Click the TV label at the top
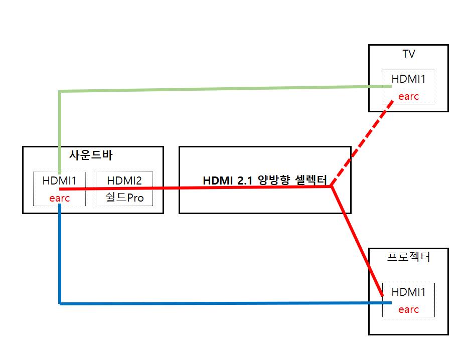point(408,54)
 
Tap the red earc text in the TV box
point(408,96)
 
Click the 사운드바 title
point(91,155)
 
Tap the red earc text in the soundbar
point(60,198)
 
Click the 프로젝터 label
point(409,257)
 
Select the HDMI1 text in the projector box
point(409,292)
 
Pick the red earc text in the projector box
point(408,309)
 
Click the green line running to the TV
point(226,89)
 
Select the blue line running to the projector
point(226,303)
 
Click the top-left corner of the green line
point(60,91)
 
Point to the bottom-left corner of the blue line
point(60,303)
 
